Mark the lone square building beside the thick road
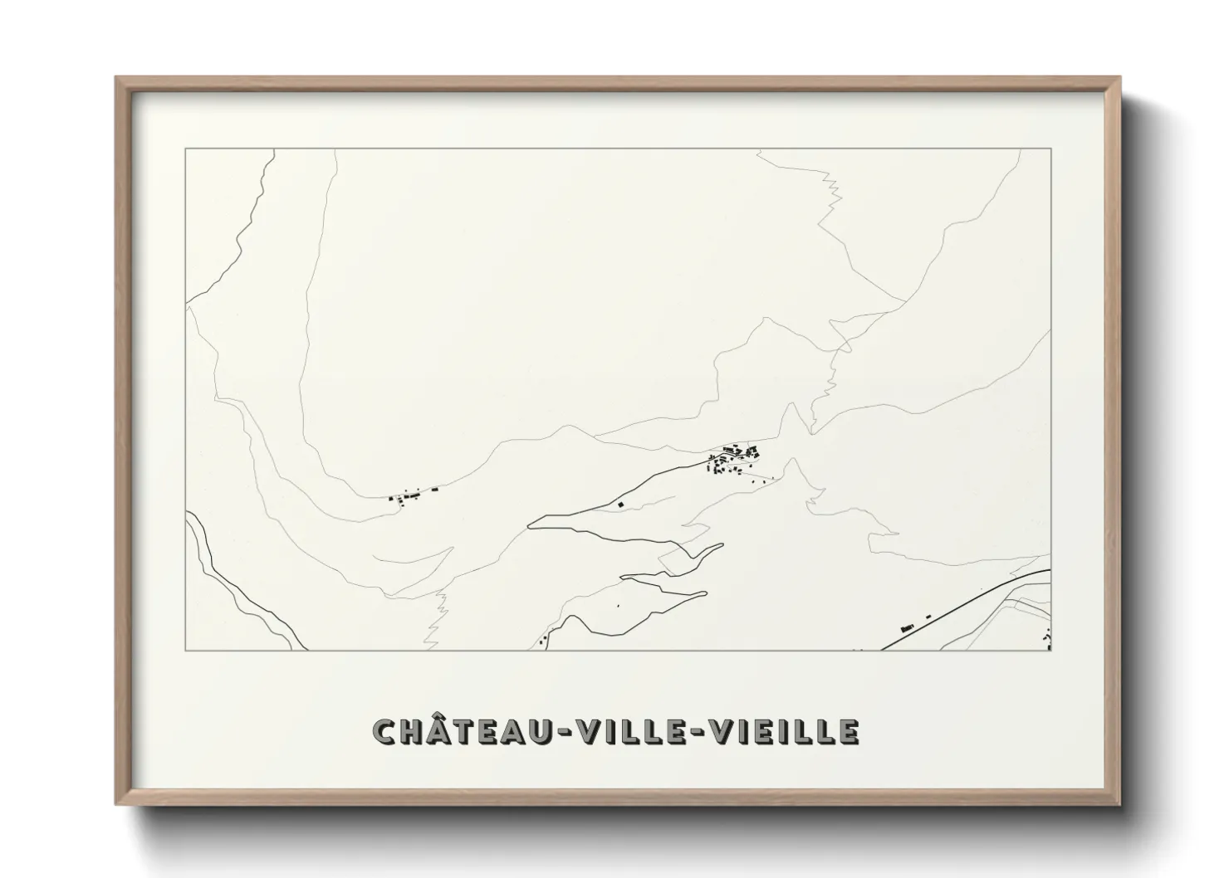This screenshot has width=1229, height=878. pyautogui.click(x=619, y=504)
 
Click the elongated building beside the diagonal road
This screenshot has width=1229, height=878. pyautogui.click(x=908, y=621)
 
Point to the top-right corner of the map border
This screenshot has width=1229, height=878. pyautogui.click(x=1050, y=149)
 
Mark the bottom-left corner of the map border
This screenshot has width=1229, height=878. pyautogui.click(x=186, y=651)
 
